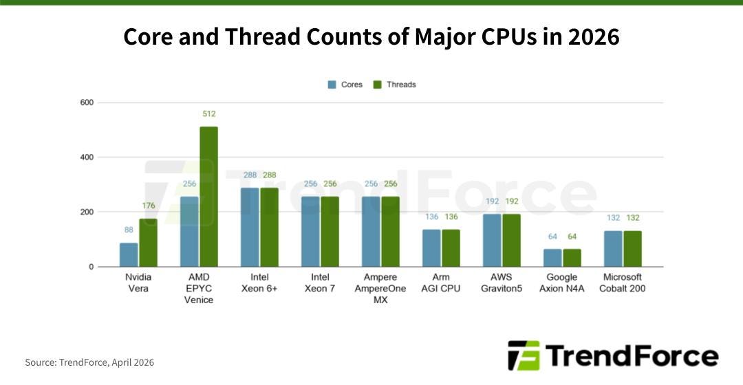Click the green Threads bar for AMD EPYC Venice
(208, 197)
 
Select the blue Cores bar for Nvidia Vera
(129, 254)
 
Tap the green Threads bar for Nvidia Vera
(148, 243)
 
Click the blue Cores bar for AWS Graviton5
(492, 240)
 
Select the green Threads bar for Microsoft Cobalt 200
(632, 248)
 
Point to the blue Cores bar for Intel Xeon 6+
(250, 227)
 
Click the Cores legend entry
(345, 85)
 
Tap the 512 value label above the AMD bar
(208, 113)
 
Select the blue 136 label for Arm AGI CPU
(431, 217)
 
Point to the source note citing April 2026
(89, 362)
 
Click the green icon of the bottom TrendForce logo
(524, 355)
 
